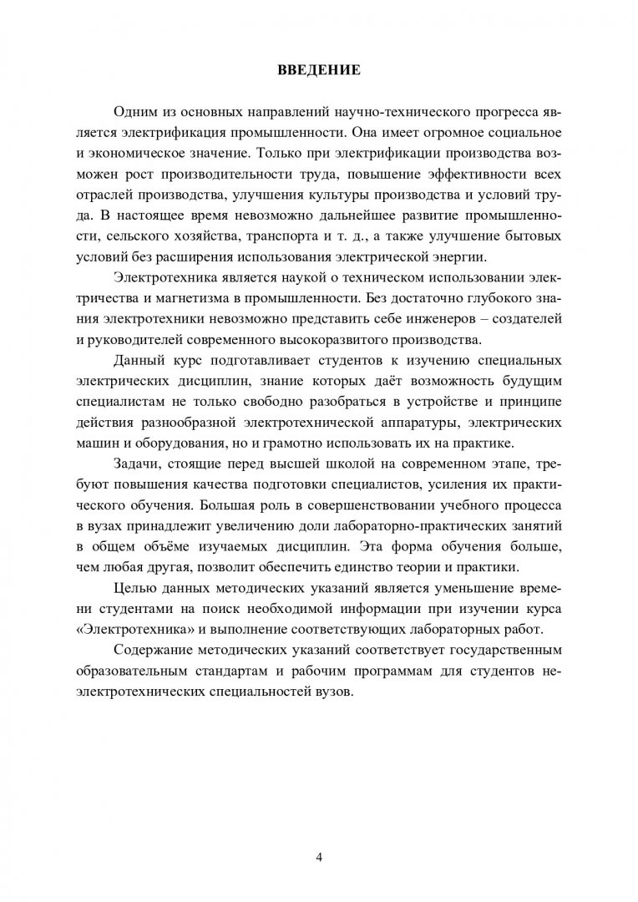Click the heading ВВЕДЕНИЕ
click(319, 70)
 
